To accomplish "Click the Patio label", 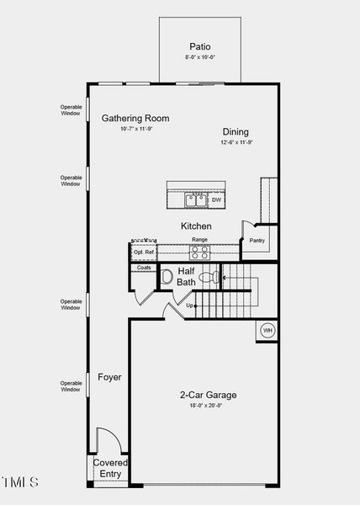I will point(199,47).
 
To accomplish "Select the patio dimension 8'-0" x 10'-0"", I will point(199,57).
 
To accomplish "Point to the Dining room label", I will point(236,131).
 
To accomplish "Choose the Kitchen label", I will point(196,226).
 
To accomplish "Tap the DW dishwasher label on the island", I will point(216,199).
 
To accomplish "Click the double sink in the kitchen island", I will point(197,199).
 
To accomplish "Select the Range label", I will point(199,240).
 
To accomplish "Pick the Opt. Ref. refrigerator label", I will point(144,252).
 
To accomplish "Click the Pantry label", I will point(257,241).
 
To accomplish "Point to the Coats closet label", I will point(144,268).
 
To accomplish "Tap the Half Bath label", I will point(186,276).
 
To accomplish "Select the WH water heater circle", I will point(267,329).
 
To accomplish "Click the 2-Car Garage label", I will point(208,395).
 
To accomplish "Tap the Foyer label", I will point(109,377).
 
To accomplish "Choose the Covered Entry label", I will point(110,468).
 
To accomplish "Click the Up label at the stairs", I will point(189,306).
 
